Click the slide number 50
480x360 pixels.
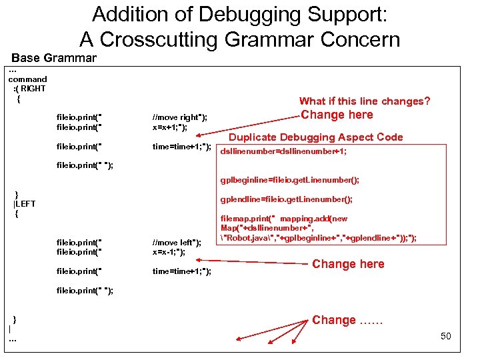pyautogui.click(x=446, y=336)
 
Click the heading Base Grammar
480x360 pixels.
pyautogui.click(x=54, y=58)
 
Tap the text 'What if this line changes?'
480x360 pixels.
pyautogui.click(x=365, y=101)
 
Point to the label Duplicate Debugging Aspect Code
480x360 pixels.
pyautogui.click(x=316, y=137)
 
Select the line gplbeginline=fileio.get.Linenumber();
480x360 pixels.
pyautogui.click(x=290, y=179)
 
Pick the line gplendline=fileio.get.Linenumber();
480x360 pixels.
pyautogui.click(x=287, y=199)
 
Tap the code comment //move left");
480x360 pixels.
pyautogui.click(x=177, y=242)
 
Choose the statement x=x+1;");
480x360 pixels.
pyautogui.click(x=170, y=127)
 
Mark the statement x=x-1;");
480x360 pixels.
pyautogui.click(x=169, y=251)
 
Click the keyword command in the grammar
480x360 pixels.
pyautogui.click(x=28, y=79)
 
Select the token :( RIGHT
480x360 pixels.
pyautogui.click(x=29, y=89)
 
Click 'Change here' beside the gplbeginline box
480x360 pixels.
pyautogui.click(x=337, y=115)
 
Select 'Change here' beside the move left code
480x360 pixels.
pyautogui.click(x=348, y=264)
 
